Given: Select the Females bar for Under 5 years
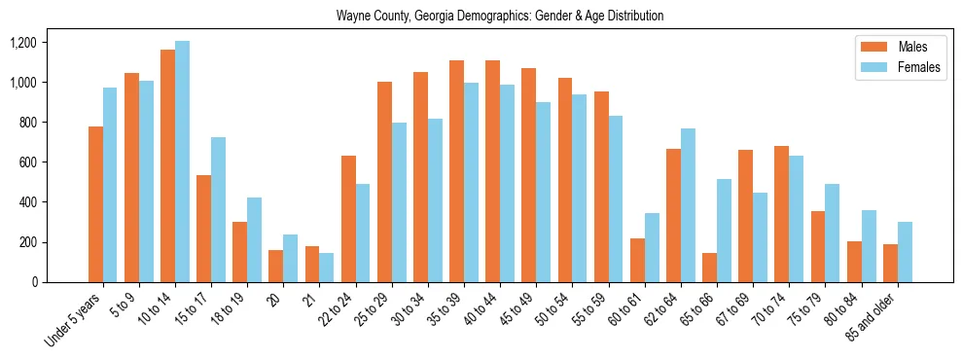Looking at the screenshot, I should click(x=110, y=185).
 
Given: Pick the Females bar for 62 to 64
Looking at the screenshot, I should click(x=688, y=205).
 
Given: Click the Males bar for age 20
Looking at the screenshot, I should click(x=275, y=266).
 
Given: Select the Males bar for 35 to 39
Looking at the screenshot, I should click(x=456, y=171).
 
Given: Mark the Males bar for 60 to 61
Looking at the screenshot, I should click(x=637, y=260).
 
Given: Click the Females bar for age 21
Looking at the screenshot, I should click(x=327, y=268).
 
